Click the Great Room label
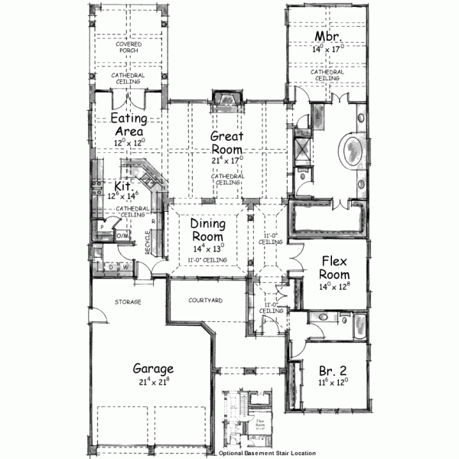[227, 143]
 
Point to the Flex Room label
[334, 269]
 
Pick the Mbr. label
[327, 37]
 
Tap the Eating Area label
[129, 125]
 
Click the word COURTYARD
[205, 301]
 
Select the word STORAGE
[128, 302]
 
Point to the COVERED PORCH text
[128, 47]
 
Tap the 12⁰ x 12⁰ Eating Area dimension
[129, 143]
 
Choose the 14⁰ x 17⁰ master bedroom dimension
[327, 49]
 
